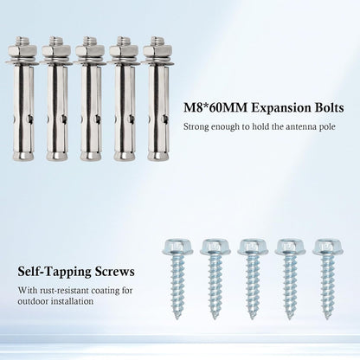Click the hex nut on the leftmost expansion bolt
click(22, 51)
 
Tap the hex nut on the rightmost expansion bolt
click(157, 51)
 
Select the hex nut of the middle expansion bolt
click(90, 51)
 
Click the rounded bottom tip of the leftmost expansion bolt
click(23, 156)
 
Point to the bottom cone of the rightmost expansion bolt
click(158, 156)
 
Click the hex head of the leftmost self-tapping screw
click(178, 247)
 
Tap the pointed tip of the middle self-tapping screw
click(252, 318)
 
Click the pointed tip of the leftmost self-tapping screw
click(177, 318)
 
